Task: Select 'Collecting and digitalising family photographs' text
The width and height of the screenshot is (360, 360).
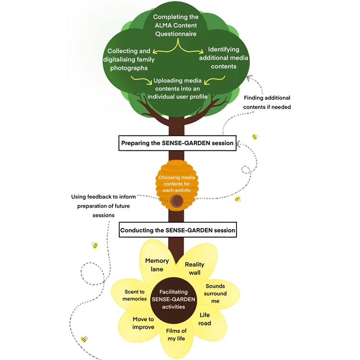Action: (x=128, y=59)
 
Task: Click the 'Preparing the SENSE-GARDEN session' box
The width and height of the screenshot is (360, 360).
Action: (x=178, y=143)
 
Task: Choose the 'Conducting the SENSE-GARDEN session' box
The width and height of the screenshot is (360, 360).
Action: (x=178, y=230)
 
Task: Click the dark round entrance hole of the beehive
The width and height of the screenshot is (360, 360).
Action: (x=177, y=202)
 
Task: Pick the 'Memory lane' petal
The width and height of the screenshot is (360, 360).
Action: (x=157, y=265)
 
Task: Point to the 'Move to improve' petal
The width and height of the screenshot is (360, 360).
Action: (x=143, y=323)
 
